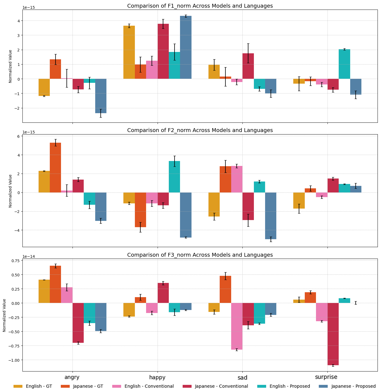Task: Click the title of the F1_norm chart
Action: (200, 6)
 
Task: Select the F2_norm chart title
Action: (200, 130)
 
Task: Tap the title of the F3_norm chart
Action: (200, 255)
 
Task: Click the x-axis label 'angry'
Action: (72, 377)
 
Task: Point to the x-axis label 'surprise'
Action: (326, 377)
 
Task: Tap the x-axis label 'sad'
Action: (242, 378)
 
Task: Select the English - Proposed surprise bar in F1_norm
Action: (344, 64)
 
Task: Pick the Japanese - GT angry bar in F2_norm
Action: (56, 168)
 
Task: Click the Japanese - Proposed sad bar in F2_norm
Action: (271, 216)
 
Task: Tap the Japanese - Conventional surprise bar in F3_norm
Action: (333, 334)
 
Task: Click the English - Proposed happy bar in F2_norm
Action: (174, 177)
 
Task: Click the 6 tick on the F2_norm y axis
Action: (18, 136)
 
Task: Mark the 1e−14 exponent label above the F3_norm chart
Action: (28, 256)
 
